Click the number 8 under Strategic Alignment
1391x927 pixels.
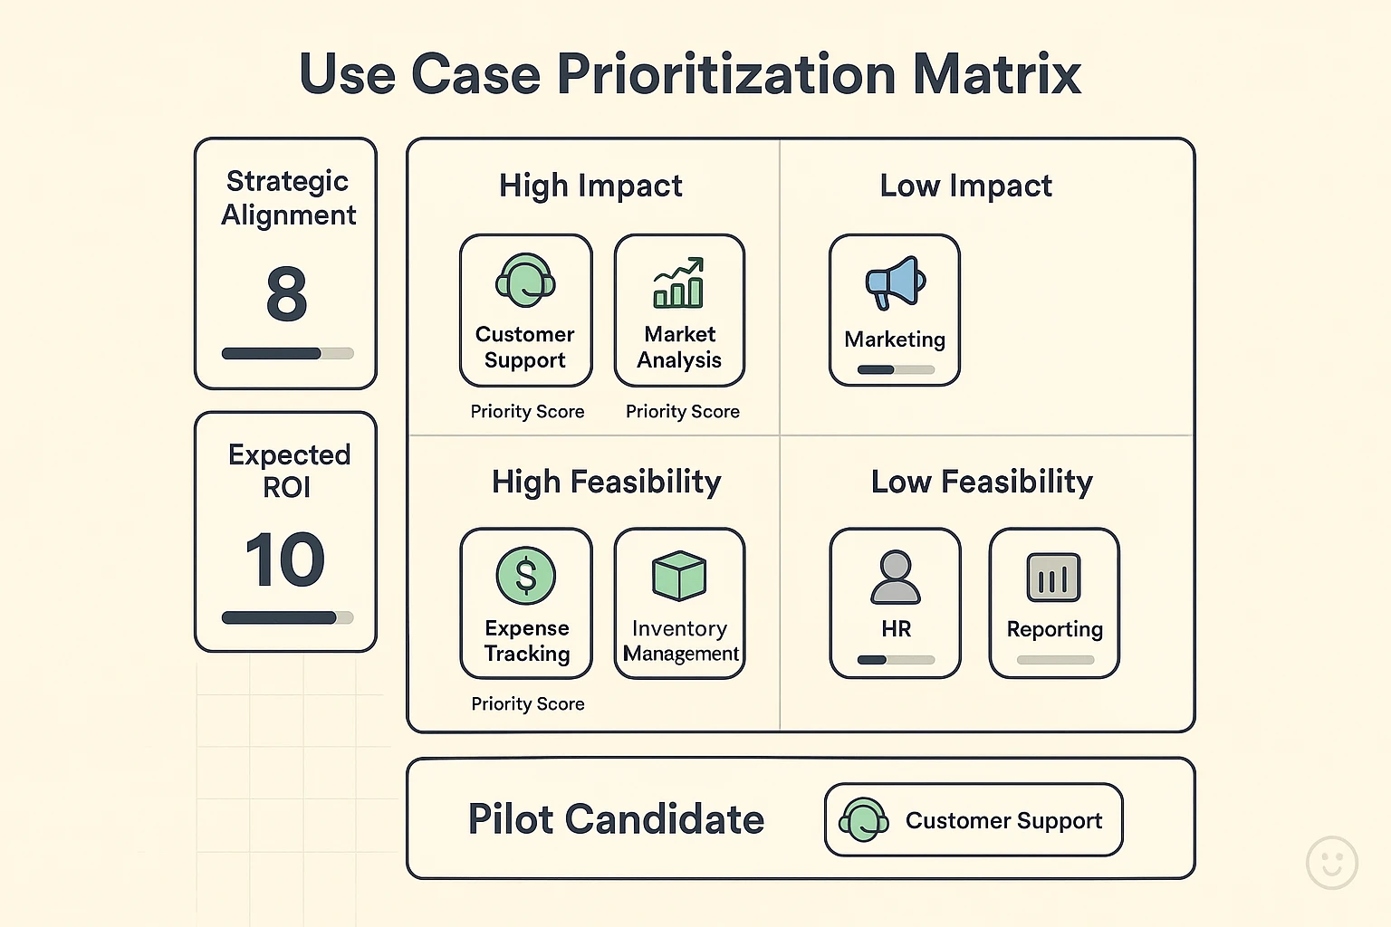pyautogui.click(x=286, y=294)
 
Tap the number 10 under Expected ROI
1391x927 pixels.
pyautogui.click(x=285, y=559)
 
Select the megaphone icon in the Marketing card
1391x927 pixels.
pyautogui.click(x=895, y=283)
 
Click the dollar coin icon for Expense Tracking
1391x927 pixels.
pyautogui.click(x=526, y=576)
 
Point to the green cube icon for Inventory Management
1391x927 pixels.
pyautogui.click(x=679, y=576)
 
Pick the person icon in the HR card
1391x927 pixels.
pyautogui.click(x=896, y=578)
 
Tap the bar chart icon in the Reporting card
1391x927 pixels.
pyautogui.click(x=1054, y=578)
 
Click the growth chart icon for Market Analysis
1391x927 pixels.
pyautogui.click(x=679, y=282)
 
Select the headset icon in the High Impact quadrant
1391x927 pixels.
pyautogui.click(x=525, y=281)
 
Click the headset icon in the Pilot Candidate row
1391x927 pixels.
pyautogui.click(x=863, y=820)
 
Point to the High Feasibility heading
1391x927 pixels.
pyautogui.click(x=606, y=482)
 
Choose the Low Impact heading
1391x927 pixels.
pyautogui.click(x=965, y=186)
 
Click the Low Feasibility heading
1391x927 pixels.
pyautogui.click(x=982, y=482)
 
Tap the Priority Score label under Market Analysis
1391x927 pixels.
pyautogui.click(x=683, y=412)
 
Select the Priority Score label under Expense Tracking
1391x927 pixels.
pyautogui.click(x=528, y=704)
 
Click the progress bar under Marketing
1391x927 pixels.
pyautogui.click(x=896, y=369)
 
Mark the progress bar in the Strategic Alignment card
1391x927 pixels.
pyautogui.click(x=287, y=354)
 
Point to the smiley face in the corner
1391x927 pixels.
pyautogui.click(x=1332, y=862)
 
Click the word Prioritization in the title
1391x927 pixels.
pyautogui.click(x=725, y=74)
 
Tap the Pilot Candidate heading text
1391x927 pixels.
pyautogui.click(x=616, y=819)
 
